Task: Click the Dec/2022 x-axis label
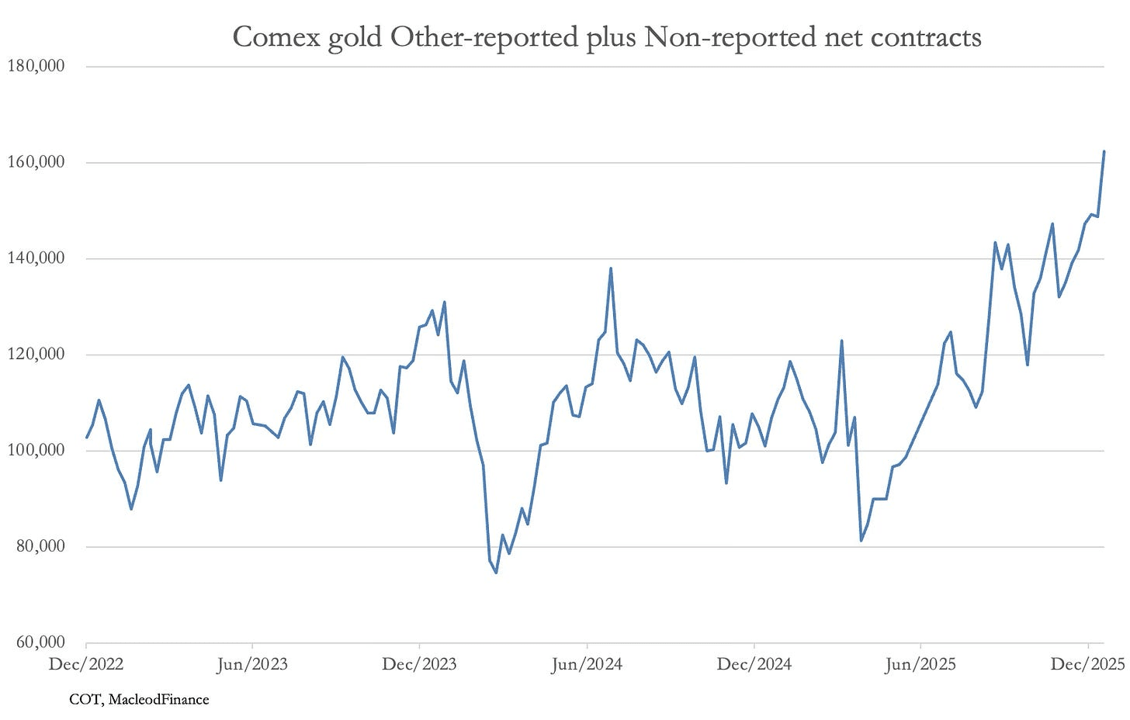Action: [x=86, y=664]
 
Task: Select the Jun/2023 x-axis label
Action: [x=252, y=664]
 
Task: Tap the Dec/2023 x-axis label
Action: [x=420, y=664]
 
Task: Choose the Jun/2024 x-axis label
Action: [x=587, y=664]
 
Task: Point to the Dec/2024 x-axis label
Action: [x=754, y=664]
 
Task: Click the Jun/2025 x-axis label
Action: [x=920, y=664]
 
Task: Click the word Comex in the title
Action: [x=276, y=36]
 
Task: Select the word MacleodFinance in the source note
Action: [x=158, y=700]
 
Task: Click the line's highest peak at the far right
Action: [x=1104, y=152]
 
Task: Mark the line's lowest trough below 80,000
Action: [x=496, y=573]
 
